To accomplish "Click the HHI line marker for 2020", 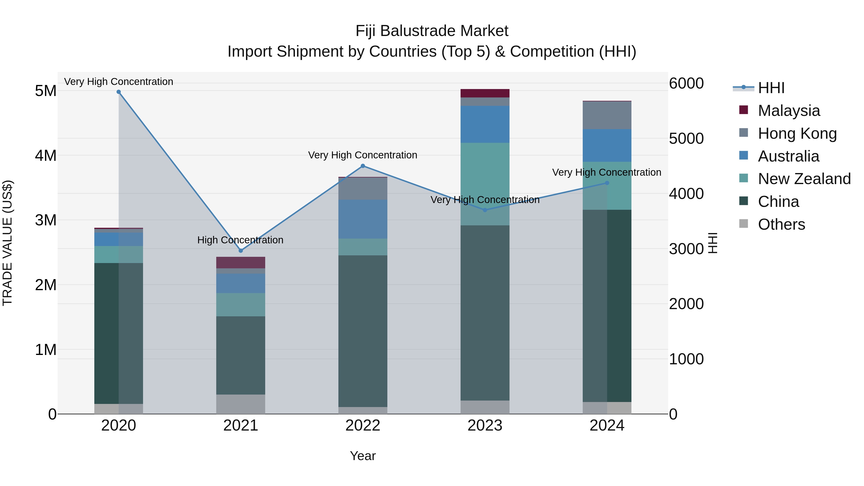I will point(119,92).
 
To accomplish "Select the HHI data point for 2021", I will point(240,251).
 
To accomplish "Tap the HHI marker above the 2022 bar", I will point(363,166).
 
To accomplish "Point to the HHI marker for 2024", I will point(607,183).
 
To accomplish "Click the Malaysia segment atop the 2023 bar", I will point(485,93).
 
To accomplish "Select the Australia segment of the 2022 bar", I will point(363,219).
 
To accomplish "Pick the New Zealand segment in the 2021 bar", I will point(240,305).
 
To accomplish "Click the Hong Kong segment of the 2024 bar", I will point(607,115).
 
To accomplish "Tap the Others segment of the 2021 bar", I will point(240,404).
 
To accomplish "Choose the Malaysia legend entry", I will point(789,111).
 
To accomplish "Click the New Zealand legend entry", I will point(804,179).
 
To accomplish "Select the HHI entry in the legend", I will point(771,88).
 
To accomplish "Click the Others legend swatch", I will point(743,224).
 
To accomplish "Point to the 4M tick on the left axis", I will point(46,156).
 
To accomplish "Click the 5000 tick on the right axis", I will point(686,138).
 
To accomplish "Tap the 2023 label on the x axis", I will point(485,426).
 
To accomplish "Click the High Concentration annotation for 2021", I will point(240,240).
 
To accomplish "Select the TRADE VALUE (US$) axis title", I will point(7,243).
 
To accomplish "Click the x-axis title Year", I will point(363,456).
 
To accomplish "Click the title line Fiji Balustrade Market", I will point(432,31).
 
